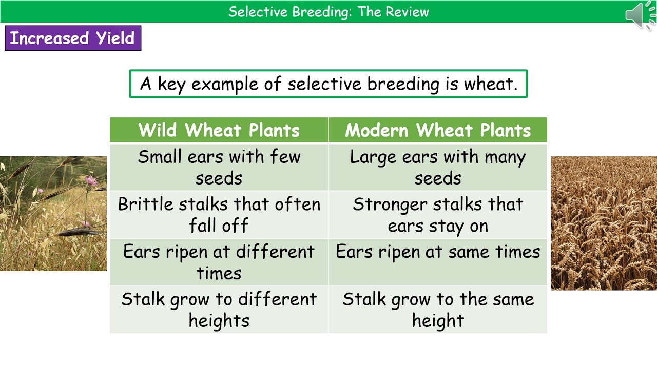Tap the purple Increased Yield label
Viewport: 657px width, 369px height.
72,38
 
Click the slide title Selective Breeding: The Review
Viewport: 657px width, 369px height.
328,12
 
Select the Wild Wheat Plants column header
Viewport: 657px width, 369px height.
219,130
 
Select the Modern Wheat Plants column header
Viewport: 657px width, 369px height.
438,130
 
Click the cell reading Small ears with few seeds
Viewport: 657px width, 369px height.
219,167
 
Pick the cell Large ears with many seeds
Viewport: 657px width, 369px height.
438,167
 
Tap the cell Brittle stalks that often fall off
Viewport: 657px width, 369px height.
219,215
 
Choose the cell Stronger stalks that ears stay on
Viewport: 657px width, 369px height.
438,215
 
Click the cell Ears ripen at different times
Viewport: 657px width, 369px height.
219,262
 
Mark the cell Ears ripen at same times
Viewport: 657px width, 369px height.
438,262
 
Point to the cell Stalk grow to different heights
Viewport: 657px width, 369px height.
219,310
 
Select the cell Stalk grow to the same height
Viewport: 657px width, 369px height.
438,310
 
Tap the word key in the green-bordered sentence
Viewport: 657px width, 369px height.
171,84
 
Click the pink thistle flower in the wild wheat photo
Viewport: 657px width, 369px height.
91,180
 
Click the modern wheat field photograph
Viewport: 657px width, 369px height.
604,223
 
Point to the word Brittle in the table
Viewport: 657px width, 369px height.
145,204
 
